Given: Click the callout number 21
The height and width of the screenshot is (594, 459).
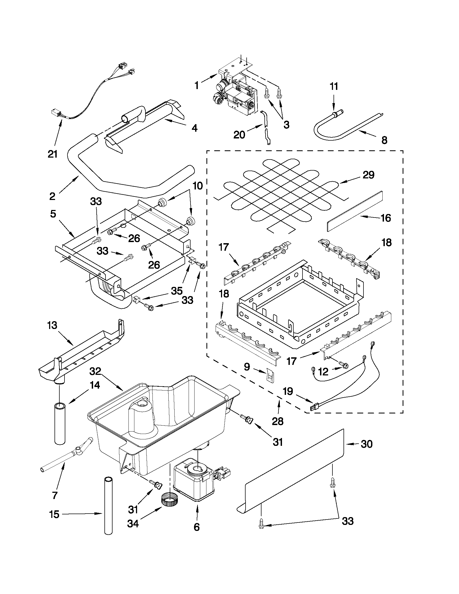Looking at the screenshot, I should [x=52, y=154].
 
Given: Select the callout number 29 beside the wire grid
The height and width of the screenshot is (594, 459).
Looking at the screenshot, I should [x=368, y=175].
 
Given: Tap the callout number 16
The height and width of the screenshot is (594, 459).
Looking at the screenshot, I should [x=386, y=218].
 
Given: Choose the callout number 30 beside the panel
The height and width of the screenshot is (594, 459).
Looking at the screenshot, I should [x=366, y=444].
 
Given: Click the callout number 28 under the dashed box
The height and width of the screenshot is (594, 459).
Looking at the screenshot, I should [x=278, y=421].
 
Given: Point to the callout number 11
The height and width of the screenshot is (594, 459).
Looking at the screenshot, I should [x=334, y=87].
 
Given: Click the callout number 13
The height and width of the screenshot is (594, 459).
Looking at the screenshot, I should [x=52, y=325].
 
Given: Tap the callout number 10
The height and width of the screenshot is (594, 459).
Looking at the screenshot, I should [x=198, y=186].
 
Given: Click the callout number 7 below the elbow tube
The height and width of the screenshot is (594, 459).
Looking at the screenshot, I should [x=55, y=495].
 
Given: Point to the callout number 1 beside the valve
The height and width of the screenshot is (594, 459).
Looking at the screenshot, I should [x=197, y=86].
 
